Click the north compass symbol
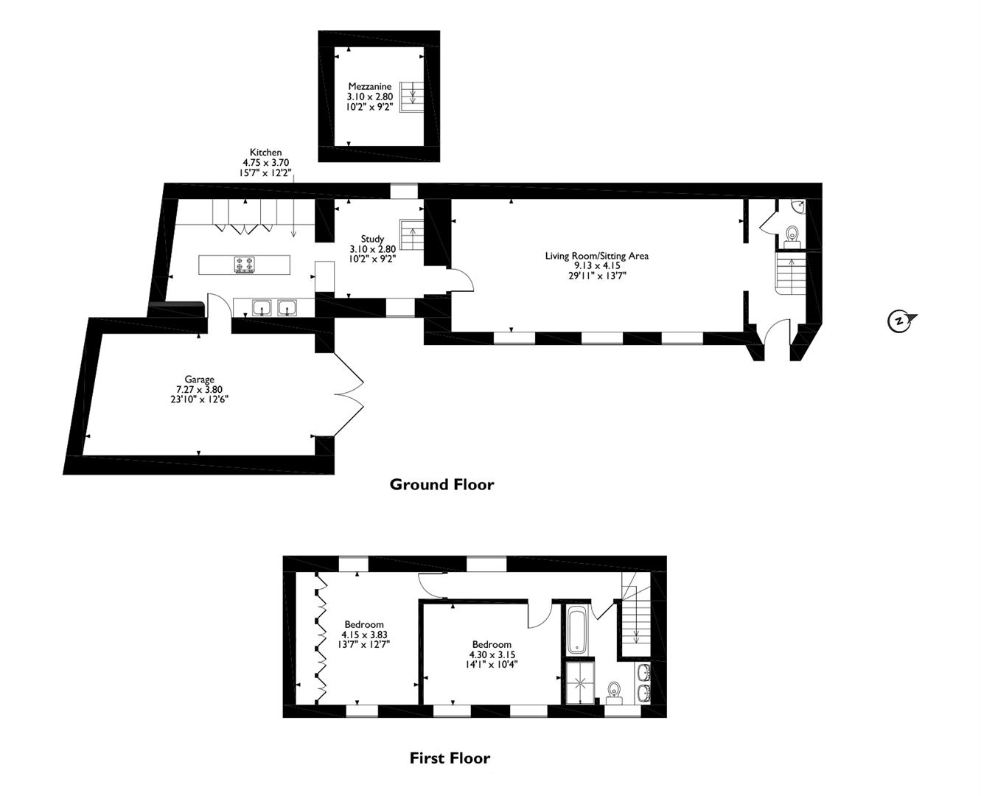[900, 321]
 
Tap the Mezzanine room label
[370, 86]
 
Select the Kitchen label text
[265, 153]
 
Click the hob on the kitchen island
[245, 265]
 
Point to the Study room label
[372, 239]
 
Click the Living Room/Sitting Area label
[597, 256]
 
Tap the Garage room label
[199, 380]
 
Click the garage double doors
[348, 394]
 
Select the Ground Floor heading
[441, 484]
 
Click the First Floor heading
[450, 758]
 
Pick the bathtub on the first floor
[577, 631]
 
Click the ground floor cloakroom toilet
[792, 235]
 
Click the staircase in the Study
[412, 234]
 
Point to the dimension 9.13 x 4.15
[597, 266]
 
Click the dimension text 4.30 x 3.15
[492, 654]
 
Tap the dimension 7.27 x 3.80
[199, 390]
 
